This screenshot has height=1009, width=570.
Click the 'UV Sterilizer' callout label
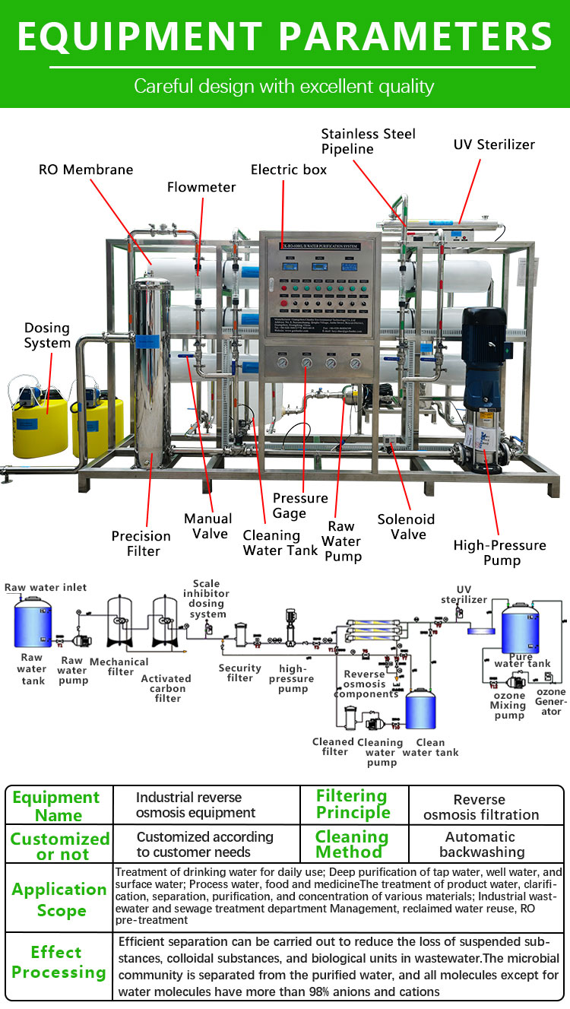pos(494,144)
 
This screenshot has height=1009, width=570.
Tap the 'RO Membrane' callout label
pos(86,169)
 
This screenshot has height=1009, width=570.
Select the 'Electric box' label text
pos(289,169)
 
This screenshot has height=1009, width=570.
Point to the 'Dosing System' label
pos(47,335)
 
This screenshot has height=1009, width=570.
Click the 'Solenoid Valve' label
pos(406,526)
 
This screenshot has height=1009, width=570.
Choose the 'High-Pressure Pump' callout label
pos(499,553)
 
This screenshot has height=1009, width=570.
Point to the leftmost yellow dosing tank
pos(40,422)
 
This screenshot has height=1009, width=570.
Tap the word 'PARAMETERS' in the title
pos(414,36)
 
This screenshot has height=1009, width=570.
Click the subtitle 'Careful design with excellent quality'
pos(284,86)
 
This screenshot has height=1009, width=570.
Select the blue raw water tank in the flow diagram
pos(33,623)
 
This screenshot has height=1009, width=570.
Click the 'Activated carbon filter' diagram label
pos(166,688)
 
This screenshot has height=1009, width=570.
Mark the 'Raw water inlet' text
pos(46,587)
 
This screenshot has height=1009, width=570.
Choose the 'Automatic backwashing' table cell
pos(481,844)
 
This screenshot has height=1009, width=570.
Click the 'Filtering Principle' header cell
pos(353,804)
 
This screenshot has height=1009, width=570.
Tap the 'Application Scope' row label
pos(59,900)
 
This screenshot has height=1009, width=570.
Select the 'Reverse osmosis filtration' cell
pos(481,807)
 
